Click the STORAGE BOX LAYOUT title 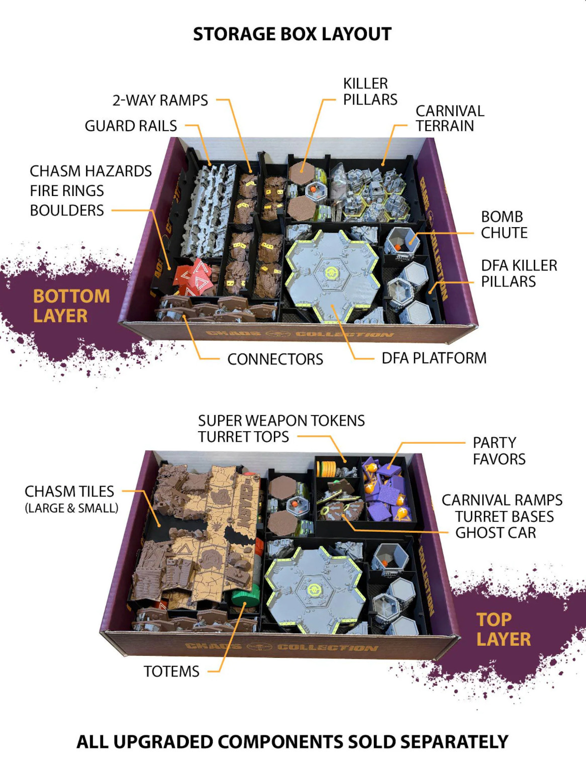point(292,34)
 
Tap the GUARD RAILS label point(131,126)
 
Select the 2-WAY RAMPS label point(160,101)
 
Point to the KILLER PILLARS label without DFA point(370,91)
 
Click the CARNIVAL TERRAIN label point(450,119)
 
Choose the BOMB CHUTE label point(504,225)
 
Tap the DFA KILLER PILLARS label point(519,273)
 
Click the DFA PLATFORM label point(434,358)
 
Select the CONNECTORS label point(275,359)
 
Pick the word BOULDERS point(67,211)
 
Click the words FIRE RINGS point(67,191)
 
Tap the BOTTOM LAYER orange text point(71,306)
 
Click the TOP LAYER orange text point(504,629)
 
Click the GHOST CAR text point(496,533)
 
